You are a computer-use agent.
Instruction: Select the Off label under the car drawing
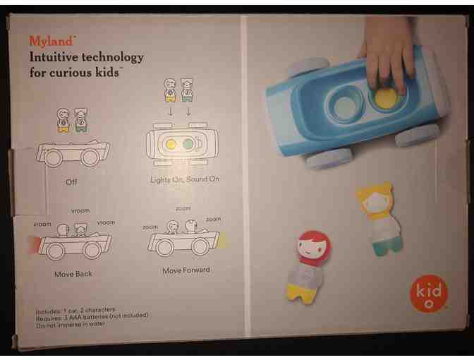[x=71, y=181]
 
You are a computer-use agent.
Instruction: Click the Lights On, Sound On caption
[x=185, y=179]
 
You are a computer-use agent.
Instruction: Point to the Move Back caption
[x=73, y=273]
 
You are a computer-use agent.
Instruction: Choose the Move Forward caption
[x=186, y=270]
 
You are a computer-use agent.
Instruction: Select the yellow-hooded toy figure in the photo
[x=378, y=216]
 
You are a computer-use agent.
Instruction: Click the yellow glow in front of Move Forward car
[x=222, y=242]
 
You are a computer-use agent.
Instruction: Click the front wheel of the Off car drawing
[x=92, y=158]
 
